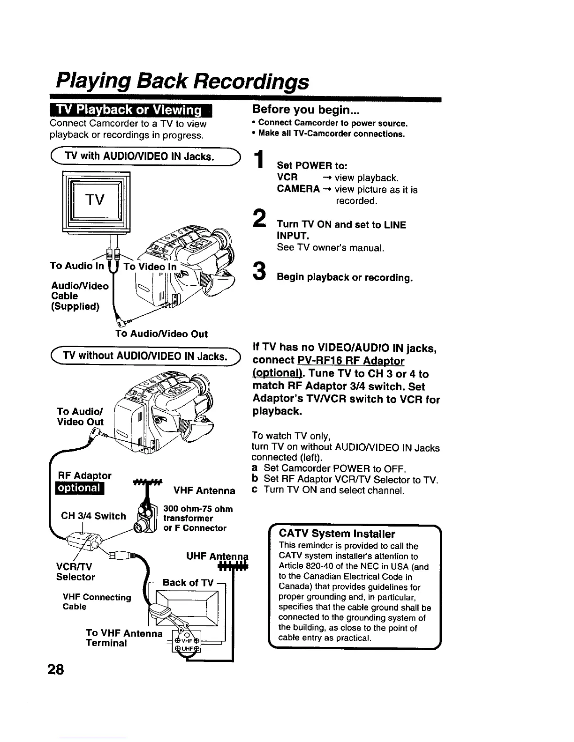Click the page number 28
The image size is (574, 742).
[x=55, y=669]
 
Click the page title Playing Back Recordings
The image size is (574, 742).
[x=182, y=81]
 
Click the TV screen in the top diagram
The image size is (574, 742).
[x=95, y=200]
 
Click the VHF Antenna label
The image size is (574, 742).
[x=204, y=490]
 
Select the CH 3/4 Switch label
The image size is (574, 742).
[x=93, y=516]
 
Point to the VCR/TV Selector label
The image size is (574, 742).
[x=76, y=571]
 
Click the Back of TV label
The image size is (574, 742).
[x=188, y=583]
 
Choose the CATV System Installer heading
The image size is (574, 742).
[x=337, y=534]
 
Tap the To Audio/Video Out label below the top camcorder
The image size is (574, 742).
[x=161, y=334]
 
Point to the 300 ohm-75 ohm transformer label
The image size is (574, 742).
[x=197, y=518]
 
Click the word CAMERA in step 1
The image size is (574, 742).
[x=298, y=189]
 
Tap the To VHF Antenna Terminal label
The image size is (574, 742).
[x=124, y=638]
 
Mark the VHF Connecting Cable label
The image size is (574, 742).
[x=97, y=602]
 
